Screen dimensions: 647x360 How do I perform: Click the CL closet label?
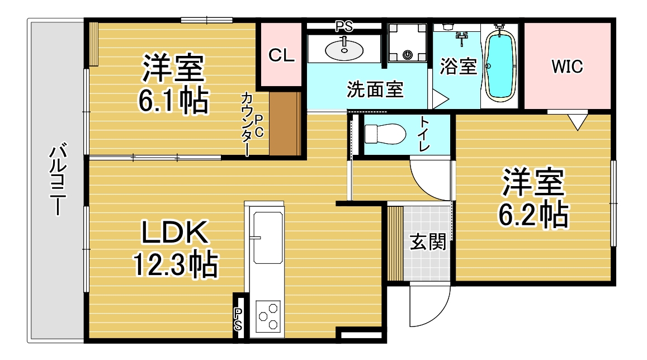click(x=281, y=55)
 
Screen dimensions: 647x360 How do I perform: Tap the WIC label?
click(x=567, y=67)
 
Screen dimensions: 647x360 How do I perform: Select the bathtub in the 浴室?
click(x=500, y=65)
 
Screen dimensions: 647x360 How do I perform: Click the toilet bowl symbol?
click(x=385, y=134)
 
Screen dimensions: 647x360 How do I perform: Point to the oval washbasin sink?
click(x=344, y=50)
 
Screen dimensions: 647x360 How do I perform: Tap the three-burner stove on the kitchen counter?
click(x=268, y=317)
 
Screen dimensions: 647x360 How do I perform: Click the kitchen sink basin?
click(x=268, y=238)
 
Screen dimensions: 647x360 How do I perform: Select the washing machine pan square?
click(x=407, y=42)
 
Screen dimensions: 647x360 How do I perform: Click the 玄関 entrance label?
click(x=427, y=241)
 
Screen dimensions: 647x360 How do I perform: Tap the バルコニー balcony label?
click(x=58, y=179)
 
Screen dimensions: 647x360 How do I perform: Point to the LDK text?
click(x=174, y=232)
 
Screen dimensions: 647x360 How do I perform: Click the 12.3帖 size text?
click(x=175, y=264)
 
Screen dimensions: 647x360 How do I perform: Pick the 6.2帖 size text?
click(x=533, y=214)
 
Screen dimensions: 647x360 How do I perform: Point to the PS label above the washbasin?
click(x=344, y=26)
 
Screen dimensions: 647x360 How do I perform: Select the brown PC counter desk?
click(x=285, y=124)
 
